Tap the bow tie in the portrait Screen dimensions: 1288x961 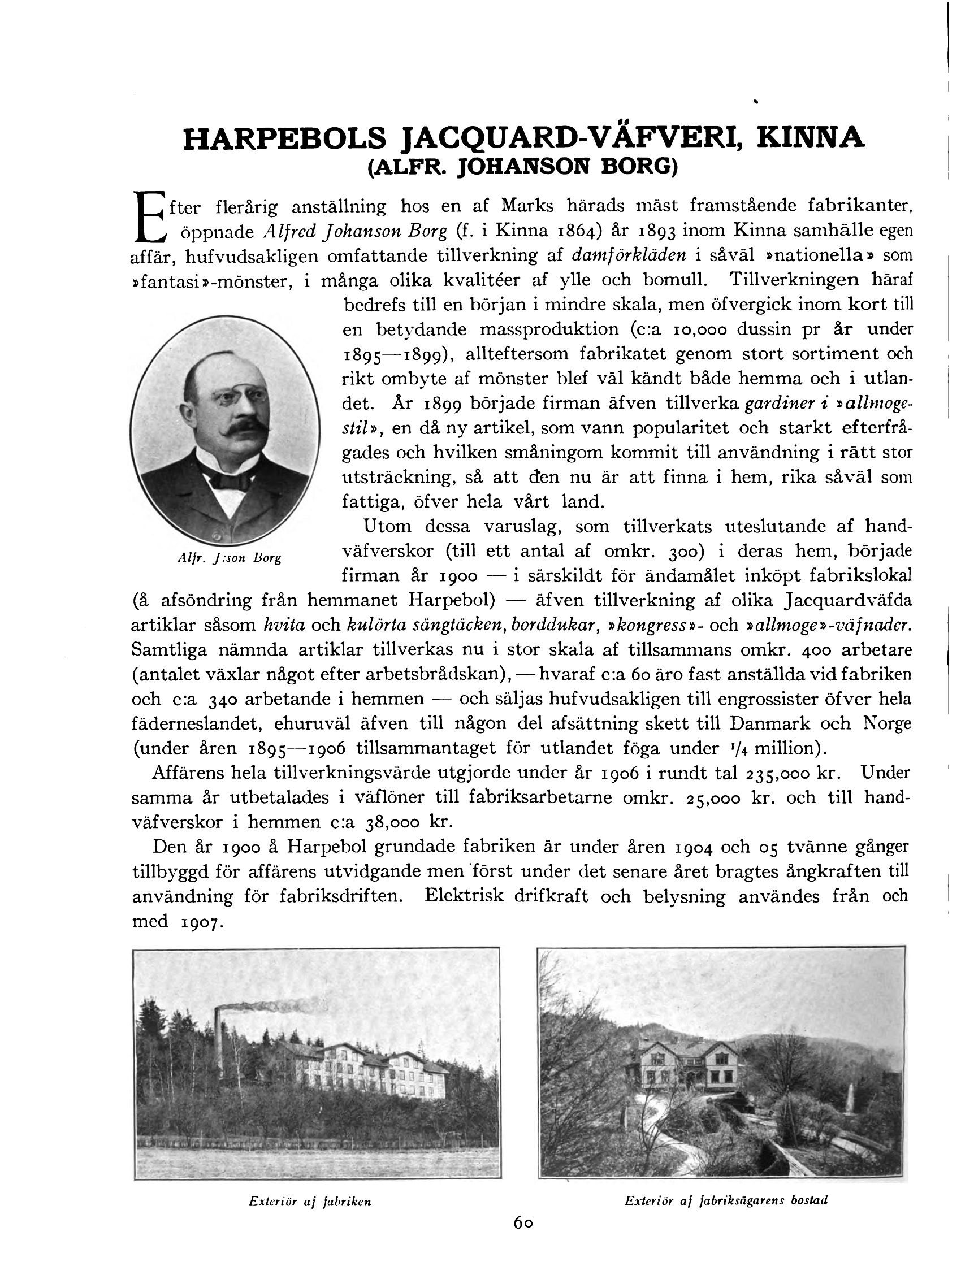point(230,481)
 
